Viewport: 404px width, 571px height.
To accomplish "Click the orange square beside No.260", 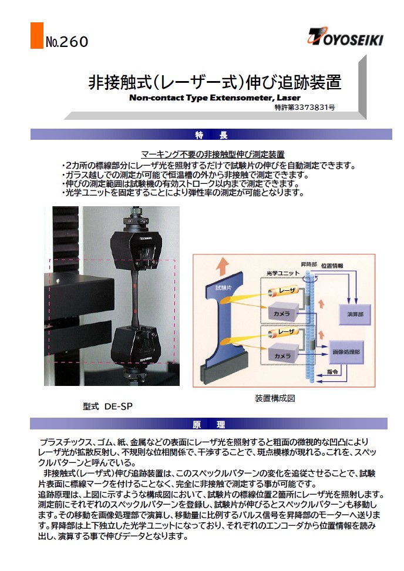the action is (x=37, y=35).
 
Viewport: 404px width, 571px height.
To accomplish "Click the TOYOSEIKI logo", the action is (x=345, y=36).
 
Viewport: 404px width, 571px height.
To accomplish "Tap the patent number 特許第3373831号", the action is (x=305, y=108).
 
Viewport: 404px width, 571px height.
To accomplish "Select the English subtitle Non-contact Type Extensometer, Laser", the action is (x=215, y=98).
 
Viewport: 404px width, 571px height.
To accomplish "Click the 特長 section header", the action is (x=211, y=135).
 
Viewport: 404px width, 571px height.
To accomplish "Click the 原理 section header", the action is (x=208, y=424).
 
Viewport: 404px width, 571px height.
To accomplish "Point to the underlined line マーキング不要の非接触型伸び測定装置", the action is (x=213, y=154).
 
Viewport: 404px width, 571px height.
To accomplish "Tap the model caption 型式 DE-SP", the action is (x=107, y=407).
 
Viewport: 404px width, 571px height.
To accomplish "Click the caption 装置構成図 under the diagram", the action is (x=275, y=398).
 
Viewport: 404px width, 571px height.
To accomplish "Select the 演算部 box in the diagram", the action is (x=355, y=314).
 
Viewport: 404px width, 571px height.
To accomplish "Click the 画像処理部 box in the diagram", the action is (x=346, y=352).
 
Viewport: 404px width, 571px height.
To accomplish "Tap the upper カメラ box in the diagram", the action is (x=283, y=313).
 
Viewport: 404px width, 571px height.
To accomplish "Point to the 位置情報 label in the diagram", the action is (x=332, y=266).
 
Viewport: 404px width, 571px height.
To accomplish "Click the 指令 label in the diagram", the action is (x=332, y=372).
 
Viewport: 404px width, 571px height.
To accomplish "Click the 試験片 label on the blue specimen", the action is (x=223, y=288).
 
